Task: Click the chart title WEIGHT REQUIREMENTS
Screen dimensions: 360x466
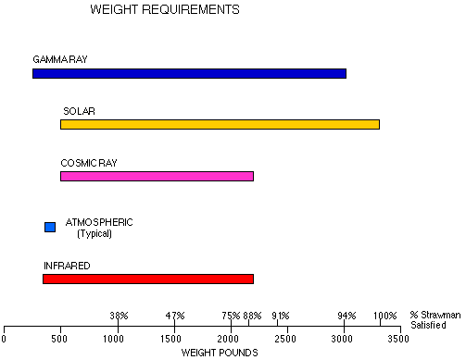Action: point(165,10)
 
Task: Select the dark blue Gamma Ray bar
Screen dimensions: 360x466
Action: point(189,73)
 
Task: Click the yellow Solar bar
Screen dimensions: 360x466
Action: point(220,124)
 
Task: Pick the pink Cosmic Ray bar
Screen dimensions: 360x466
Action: point(157,176)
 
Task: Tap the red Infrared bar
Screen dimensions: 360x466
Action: point(148,279)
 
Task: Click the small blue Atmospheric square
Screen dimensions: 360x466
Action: point(50,227)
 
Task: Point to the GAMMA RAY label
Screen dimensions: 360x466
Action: point(60,59)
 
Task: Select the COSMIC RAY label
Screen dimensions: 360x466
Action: point(89,163)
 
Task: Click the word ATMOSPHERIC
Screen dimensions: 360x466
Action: point(99,222)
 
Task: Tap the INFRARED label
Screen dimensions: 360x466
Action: point(67,266)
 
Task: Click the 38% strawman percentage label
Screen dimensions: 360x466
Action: point(119,315)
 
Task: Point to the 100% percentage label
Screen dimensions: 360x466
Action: point(384,315)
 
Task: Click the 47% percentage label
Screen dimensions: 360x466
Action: point(175,315)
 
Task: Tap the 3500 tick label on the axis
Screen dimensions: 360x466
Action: point(398,340)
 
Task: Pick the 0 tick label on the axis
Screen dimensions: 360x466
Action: point(5,340)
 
